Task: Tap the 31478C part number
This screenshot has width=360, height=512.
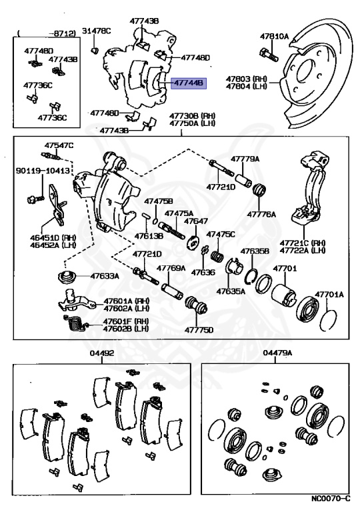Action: tap(96, 31)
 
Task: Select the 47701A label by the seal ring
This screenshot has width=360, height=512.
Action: tap(329, 293)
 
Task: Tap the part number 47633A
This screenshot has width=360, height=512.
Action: tap(101, 276)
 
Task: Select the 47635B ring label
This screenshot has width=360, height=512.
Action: tap(254, 252)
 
